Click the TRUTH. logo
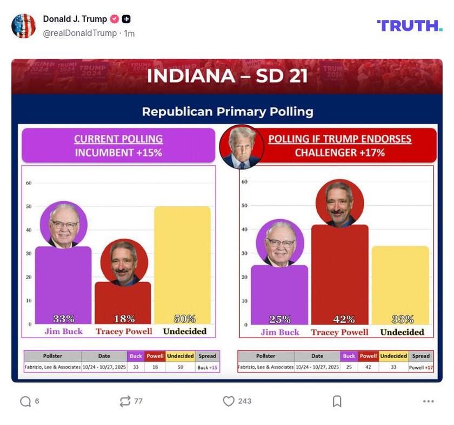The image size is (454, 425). point(409,25)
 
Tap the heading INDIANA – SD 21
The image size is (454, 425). point(227,76)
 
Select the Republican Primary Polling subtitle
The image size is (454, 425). point(227,112)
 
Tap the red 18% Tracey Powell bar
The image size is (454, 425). point(123,302)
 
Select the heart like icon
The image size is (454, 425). point(229,401)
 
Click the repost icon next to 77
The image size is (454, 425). point(125,401)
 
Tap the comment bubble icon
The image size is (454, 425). point(25,401)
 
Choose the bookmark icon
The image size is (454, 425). point(337,401)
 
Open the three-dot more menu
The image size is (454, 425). point(429,401)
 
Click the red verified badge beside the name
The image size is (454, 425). point(114,19)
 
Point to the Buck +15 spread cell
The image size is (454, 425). point(207,367)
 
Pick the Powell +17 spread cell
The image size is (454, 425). point(421,367)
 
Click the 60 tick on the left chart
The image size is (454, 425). point(29,183)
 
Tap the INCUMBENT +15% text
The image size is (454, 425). point(118,153)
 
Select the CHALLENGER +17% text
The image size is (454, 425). point(339,153)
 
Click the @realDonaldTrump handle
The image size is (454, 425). point(79,33)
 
